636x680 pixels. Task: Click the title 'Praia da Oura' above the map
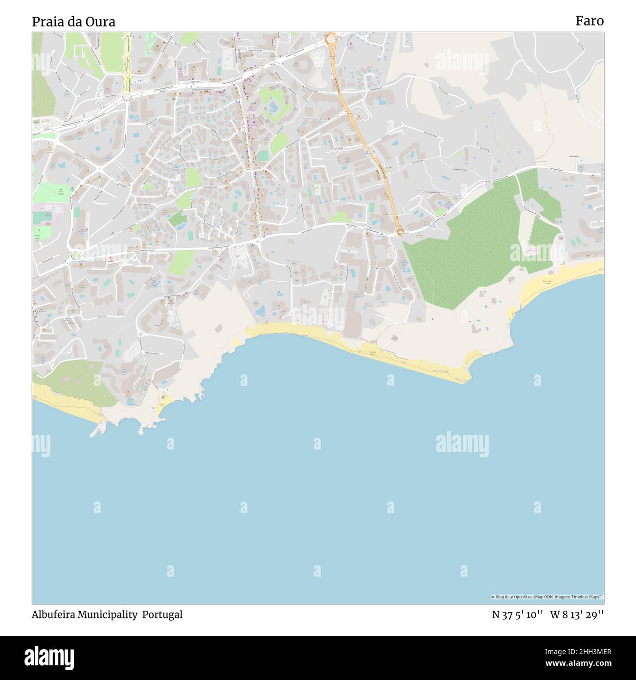tap(74, 22)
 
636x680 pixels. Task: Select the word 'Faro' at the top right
tap(589, 21)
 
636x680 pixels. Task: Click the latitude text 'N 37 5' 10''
tap(518, 615)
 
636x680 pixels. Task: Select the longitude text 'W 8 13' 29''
tap(577, 615)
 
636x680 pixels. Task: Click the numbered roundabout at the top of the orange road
tap(331, 38)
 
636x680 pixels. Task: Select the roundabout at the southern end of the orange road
tap(400, 232)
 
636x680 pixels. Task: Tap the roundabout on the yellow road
tap(127, 75)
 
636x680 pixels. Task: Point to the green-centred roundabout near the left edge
tap(75, 254)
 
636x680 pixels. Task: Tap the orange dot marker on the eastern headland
tap(470, 321)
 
